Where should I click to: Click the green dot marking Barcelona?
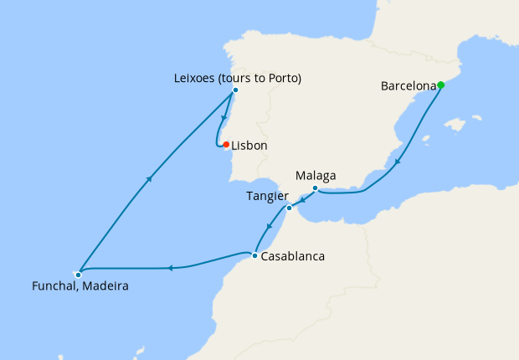click(x=440, y=85)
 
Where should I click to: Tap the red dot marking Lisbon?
click(x=226, y=145)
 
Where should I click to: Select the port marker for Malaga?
click(x=315, y=188)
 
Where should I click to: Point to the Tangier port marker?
click(x=289, y=208)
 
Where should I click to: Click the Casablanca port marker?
click(x=254, y=255)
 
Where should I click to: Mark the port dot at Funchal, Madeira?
click(x=78, y=274)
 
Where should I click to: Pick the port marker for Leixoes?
click(x=235, y=90)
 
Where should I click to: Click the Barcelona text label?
click(x=408, y=85)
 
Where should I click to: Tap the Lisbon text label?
click(x=249, y=146)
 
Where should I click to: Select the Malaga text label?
click(x=316, y=176)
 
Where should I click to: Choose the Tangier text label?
click(x=267, y=196)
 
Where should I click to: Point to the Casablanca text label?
click(x=292, y=256)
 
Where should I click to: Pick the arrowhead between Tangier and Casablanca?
click(x=269, y=226)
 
